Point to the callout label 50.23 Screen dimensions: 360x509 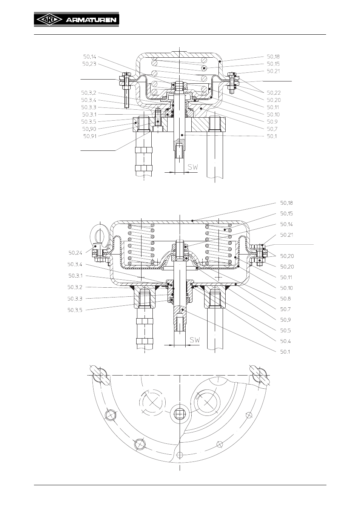coord(89,64)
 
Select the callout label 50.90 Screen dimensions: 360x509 coord(89,129)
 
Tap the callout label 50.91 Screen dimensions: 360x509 coord(90,136)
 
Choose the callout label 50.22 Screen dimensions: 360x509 coord(274,93)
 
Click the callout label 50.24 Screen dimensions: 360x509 coord(75,253)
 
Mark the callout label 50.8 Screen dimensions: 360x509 coord(285,299)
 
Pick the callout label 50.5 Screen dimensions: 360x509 coord(285,330)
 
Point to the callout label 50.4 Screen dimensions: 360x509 coord(285,341)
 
